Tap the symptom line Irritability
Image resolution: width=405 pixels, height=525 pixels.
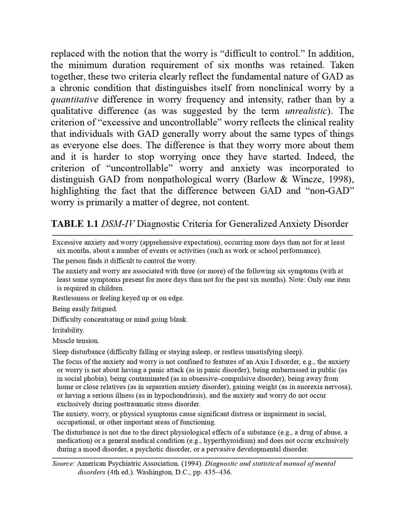coord(68,330)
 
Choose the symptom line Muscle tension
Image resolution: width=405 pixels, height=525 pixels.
coord(76,341)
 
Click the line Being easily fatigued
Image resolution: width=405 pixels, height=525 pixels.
coord(85,308)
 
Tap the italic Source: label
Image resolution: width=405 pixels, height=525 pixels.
coord(64,464)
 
